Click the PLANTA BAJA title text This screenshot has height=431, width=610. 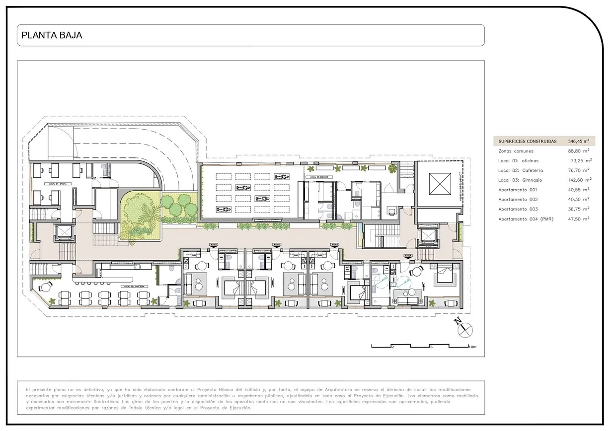[x=52, y=35]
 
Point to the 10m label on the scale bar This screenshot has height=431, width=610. [x=472, y=347]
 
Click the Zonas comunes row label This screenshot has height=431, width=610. [x=516, y=151]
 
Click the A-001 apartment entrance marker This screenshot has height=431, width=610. [x=215, y=245]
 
